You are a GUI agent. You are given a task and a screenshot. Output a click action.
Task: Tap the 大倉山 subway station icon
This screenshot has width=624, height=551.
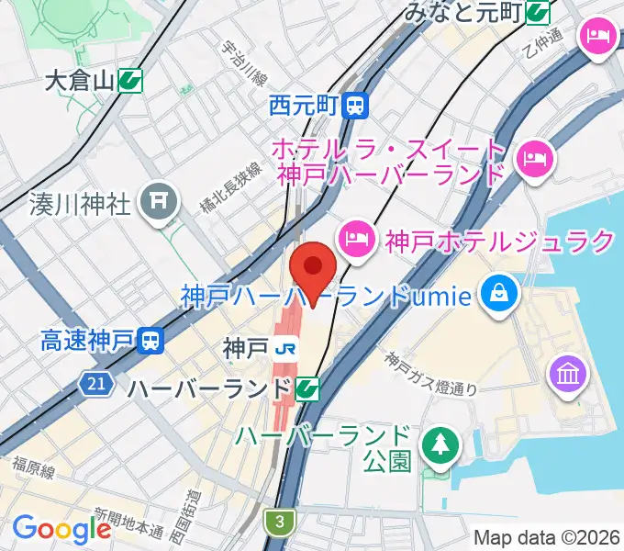coord(130,81)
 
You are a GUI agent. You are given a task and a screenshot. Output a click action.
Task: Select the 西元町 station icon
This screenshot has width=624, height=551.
coord(355,106)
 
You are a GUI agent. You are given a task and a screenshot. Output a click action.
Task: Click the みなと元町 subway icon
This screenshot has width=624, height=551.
coord(539,12)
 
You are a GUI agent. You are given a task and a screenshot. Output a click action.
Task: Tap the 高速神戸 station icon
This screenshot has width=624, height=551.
coord(150,343)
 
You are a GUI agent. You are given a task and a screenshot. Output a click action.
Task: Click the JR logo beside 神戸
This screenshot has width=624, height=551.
coord(286,349)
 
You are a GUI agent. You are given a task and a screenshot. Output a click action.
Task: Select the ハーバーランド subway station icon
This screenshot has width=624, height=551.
coord(308,389)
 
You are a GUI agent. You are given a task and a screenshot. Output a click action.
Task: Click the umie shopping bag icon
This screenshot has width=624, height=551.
coord(500,295)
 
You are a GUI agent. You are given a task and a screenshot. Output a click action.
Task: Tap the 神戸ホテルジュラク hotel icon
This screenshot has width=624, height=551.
coord(355,242)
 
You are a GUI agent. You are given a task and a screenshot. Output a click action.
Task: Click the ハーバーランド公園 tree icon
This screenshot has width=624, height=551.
coord(437,446)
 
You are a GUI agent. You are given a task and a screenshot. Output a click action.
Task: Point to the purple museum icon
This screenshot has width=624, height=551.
coord(566,374)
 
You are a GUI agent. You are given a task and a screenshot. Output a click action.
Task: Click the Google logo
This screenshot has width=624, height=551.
coord(61,529)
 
